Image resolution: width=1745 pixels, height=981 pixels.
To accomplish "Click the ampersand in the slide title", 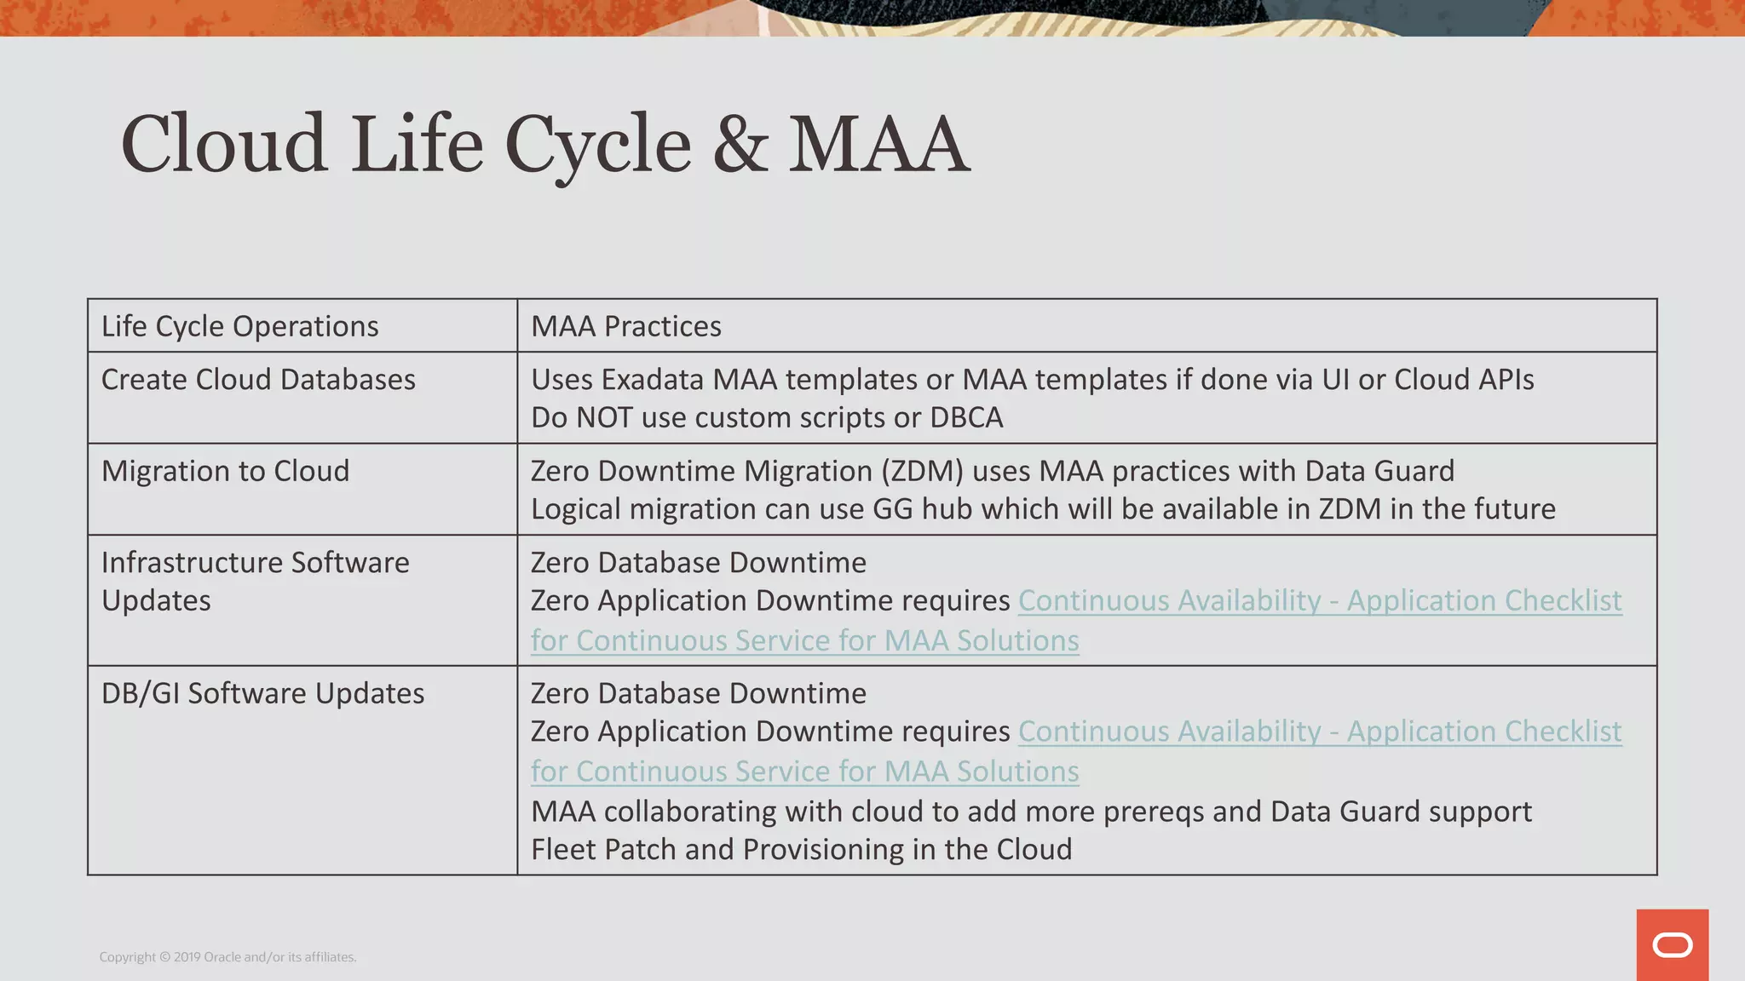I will (740, 145).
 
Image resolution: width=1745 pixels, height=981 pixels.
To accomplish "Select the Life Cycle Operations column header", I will (239, 326).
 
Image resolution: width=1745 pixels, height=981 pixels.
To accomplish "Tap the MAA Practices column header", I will (625, 326).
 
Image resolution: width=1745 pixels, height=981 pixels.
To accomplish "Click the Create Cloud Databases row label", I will (258, 380).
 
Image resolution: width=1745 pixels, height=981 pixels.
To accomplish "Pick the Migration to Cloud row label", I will (225, 471).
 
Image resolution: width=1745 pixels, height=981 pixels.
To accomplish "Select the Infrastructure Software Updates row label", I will (255, 581).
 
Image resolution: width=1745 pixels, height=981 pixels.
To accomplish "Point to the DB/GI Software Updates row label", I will (262, 693).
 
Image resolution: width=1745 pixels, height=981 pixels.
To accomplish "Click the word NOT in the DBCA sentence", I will (603, 418).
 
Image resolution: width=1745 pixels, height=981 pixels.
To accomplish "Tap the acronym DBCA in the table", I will (966, 418).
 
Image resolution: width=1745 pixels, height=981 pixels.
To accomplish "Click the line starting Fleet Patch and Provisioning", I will (801, 850).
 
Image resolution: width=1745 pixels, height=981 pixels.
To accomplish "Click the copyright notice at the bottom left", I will (227, 957).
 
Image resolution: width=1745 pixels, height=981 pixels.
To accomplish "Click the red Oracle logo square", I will (1672, 945).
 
